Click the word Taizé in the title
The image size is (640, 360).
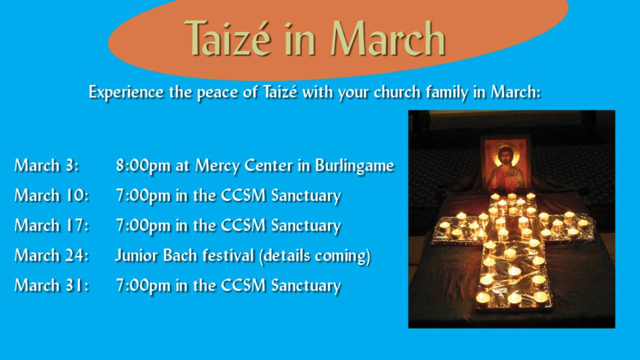[x=228, y=38]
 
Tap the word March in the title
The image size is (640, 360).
[x=388, y=38]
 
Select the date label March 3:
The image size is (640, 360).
[x=46, y=165]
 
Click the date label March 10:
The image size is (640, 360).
[x=52, y=195]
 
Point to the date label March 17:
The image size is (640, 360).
[x=52, y=226]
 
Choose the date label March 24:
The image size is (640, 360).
[x=52, y=255]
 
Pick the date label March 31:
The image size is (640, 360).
[x=52, y=285]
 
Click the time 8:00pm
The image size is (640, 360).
[x=143, y=166]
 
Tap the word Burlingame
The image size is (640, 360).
[x=355, y=166]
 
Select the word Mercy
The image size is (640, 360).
[x=218, y=166]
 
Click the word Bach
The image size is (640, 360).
[x=180, y=255]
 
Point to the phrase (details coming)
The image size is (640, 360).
[x=315, y=256]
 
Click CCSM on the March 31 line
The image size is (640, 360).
[x=243, y=285]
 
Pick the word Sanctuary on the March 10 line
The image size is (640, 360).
[x=306, y=196]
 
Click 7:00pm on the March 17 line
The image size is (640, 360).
[x=143, y=226]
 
